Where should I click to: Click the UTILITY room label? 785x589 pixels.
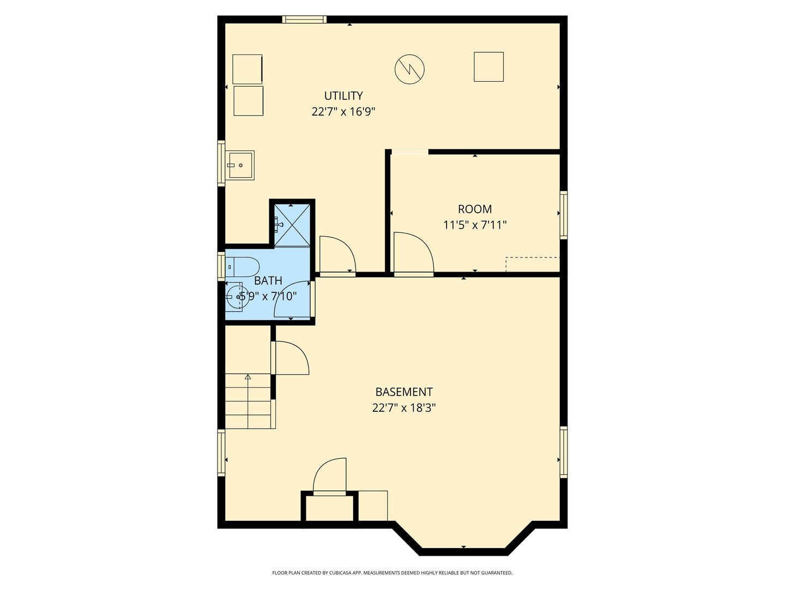click(343, 96)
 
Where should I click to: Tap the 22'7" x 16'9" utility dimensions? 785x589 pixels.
click(343, 112)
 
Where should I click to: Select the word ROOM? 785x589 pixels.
click(475, 209)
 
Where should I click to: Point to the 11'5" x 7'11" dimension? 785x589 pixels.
click(475, 225)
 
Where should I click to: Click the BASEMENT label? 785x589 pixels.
click(404, 392)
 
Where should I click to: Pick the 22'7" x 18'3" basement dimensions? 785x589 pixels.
click(404, 408)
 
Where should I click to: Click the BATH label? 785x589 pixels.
click(268, 281)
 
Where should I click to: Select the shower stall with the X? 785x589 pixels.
click(292, 225)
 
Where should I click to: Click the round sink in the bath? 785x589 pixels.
click(236, 297)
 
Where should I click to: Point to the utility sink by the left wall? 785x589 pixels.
click(241, 165)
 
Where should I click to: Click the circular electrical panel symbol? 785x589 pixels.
click(409, 69)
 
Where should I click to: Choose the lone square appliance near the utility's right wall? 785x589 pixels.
click(488, 67)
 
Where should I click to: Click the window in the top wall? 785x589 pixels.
click(304, 19)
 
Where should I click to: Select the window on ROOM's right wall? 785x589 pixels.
click(563, 215)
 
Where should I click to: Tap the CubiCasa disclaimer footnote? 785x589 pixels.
click(392, 573)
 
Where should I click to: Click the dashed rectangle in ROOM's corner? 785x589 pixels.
click(533, 265)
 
